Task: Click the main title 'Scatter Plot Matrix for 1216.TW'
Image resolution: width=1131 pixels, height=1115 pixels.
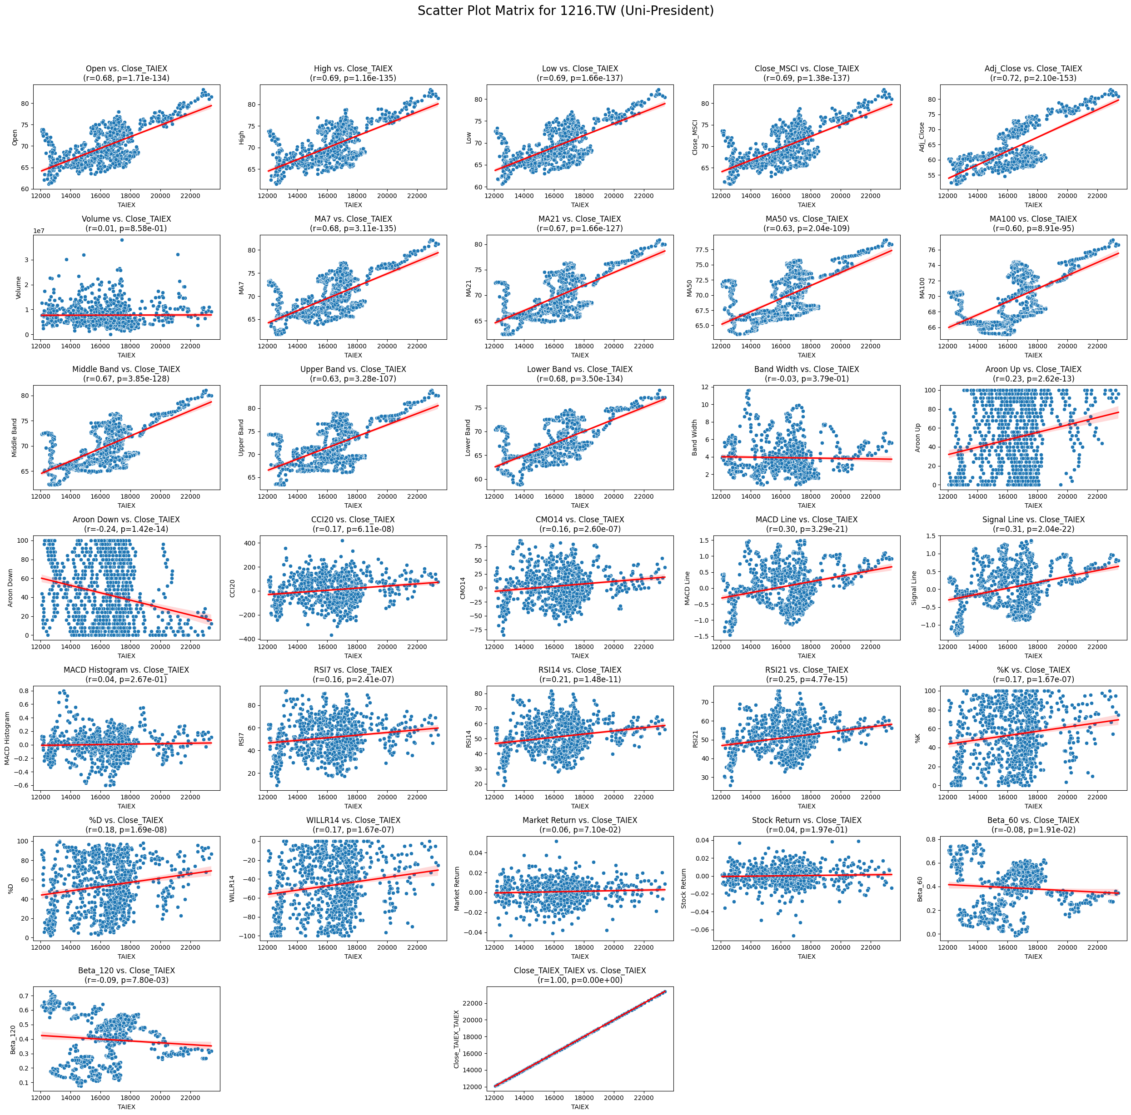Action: (565, 11)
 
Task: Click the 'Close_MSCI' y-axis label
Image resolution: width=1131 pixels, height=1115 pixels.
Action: (695, 138)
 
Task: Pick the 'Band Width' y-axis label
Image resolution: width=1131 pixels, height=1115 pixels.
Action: (695, 437)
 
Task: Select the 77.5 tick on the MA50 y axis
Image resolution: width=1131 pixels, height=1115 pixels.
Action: (701, 250)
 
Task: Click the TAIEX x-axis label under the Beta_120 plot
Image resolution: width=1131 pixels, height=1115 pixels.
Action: (126, 1107)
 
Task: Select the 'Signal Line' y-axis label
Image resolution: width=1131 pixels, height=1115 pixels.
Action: (914, 588)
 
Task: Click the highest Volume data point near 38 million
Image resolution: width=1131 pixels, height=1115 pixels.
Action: (122, 240)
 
